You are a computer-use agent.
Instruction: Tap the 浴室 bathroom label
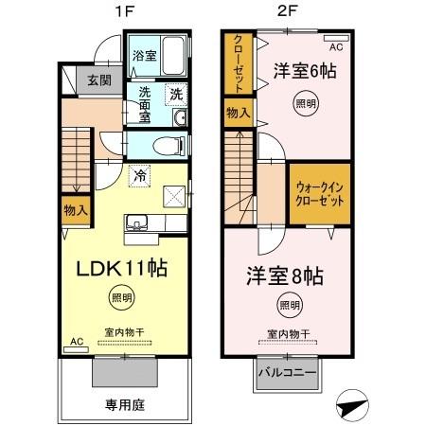click(143, 55)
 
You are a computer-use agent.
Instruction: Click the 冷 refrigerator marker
click(139, 175)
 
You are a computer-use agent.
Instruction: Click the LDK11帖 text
click(121, 268)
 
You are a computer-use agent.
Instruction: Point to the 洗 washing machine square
click(175, 93)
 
